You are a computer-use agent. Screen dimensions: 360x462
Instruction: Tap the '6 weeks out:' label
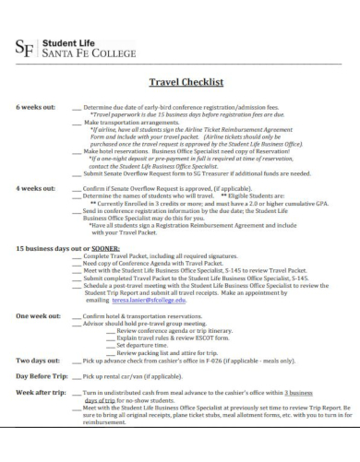click(34, 108)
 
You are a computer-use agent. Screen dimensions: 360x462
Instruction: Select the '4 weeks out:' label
click(34, 187)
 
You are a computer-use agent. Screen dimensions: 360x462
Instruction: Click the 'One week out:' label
click(38, 316)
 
